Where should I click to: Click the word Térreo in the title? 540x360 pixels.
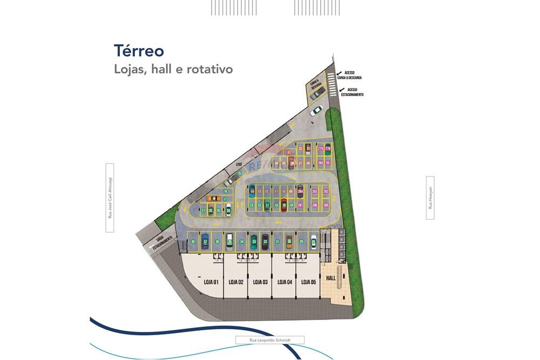coord(139,51)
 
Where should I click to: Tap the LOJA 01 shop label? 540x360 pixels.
coord(211,282)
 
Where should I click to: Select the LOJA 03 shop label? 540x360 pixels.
coord(260,282)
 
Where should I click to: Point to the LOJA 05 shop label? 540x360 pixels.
coord(308,282)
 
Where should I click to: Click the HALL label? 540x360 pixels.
coord(331,279)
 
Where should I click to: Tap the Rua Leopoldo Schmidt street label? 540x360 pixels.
coord(270,340)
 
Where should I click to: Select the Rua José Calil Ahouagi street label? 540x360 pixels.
coord(110,198)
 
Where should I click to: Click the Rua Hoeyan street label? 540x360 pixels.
coord(430,198)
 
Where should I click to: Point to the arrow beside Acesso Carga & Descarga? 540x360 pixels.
coord(339,74)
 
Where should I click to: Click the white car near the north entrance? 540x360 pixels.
coord(316,111)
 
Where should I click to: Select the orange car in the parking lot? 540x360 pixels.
coord(214,199)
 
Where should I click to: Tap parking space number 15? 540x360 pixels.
coord(239,173)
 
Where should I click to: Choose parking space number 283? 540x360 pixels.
coord(315,192)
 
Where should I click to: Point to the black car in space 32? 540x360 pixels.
coord(265,242)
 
